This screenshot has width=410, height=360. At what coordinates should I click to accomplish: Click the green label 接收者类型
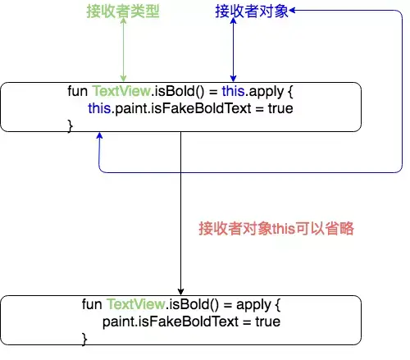(123, 11)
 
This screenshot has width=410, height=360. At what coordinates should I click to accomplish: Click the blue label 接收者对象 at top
(252, 11)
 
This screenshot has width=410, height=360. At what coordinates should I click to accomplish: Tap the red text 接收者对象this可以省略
(276, 228)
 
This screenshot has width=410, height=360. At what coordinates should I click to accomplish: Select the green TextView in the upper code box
(121, 91)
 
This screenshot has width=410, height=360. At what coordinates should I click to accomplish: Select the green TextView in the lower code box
(136, 304)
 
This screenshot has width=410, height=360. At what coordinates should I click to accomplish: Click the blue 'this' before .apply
(233, 91)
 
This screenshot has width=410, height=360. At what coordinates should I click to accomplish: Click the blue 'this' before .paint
(99, 108)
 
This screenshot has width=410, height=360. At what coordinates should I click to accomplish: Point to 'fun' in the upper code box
(78, 91)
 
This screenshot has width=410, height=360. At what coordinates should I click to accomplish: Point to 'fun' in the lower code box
(92, 304)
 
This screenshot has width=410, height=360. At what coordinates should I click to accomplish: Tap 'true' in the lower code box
(268, 321)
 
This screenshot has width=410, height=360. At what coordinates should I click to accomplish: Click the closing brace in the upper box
(71, 126)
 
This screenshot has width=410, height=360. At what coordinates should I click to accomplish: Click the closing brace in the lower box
(84, 339)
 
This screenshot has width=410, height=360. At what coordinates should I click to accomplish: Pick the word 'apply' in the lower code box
(253, 305)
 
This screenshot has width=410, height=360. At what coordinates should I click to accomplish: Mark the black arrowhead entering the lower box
(180, 292)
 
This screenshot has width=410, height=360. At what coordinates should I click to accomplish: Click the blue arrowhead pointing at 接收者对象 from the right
(292, 11)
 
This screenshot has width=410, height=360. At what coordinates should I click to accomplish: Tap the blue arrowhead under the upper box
(99, 135)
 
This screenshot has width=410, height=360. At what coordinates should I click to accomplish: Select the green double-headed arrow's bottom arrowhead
(123, 79)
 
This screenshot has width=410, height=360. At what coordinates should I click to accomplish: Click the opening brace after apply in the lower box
(278, 305)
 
